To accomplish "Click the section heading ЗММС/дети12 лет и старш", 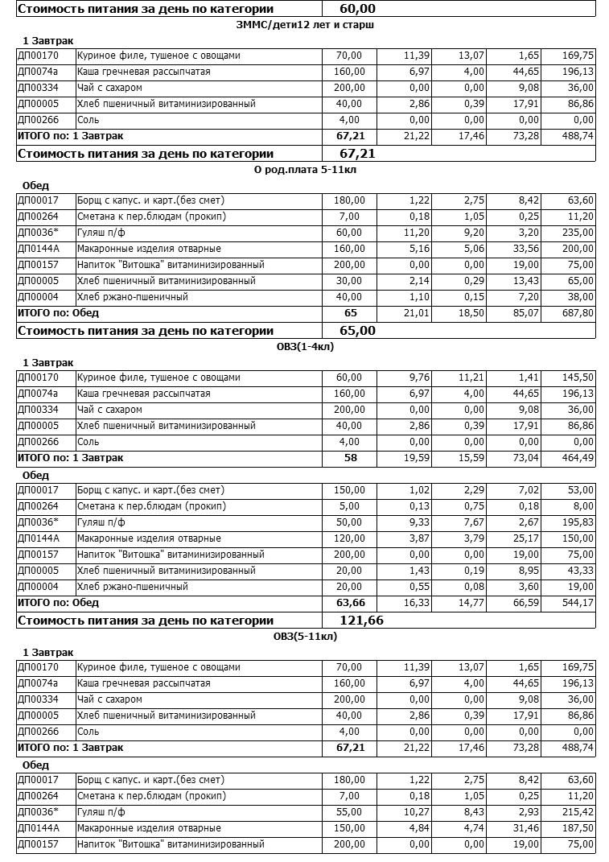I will [x=307, y=25].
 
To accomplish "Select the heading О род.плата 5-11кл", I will [x=307, y=170].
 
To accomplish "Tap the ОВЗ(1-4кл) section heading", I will [x=305, y=347].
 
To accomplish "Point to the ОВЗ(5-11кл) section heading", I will [x=305, y=637].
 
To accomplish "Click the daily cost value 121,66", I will [x=352, y=621].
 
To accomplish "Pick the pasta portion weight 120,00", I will [x=348, y=538].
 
